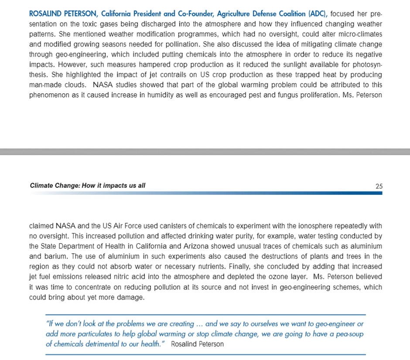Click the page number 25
tap(379, 186)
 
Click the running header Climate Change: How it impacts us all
tap(88, 186)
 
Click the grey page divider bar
tap(205, 152)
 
